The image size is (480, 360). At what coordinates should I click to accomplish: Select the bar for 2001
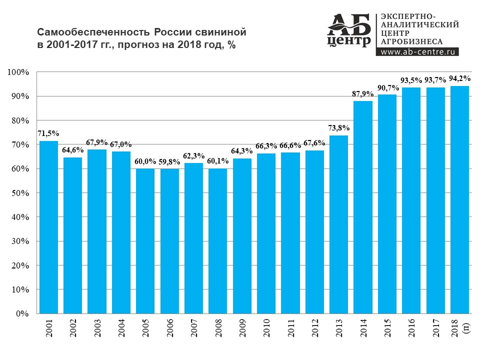coord(48,227)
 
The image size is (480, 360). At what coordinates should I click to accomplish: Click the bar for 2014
coord(363,207)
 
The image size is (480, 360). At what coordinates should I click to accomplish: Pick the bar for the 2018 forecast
coord(459,200)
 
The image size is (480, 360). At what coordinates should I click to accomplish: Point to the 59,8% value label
coord(169,161)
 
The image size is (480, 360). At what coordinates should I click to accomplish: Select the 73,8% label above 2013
coord(338,128)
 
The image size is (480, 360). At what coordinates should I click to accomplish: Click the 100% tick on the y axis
coord(19,72)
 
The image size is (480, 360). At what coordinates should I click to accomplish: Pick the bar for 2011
coord(290,233)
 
